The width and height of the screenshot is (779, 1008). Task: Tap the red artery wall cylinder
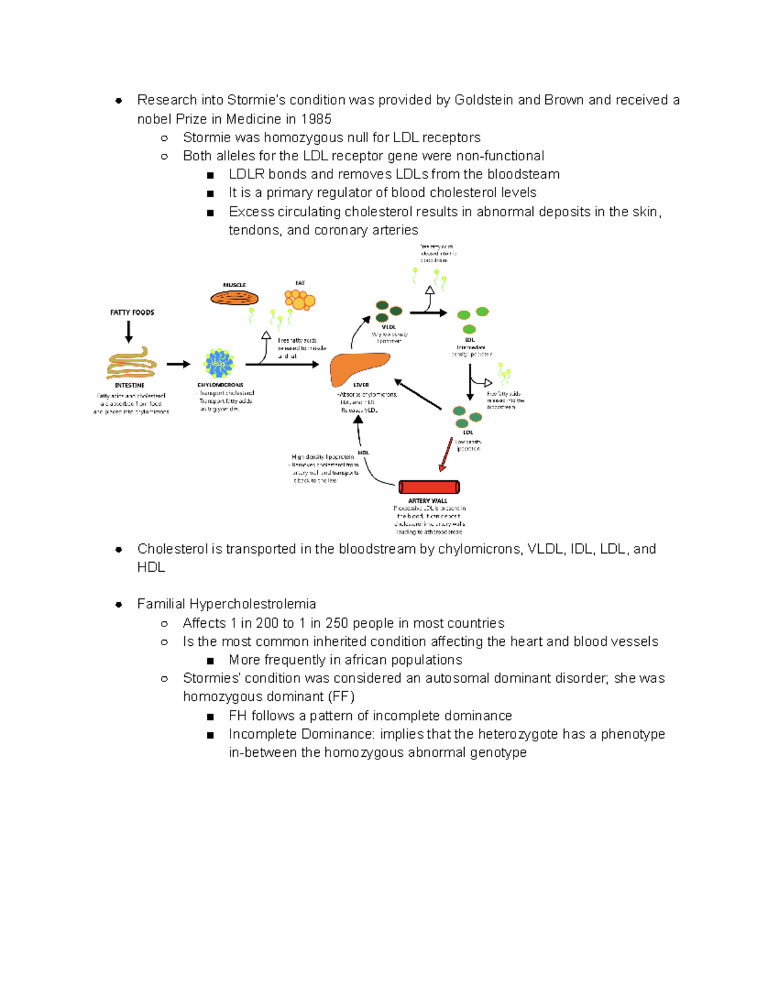point(429,487)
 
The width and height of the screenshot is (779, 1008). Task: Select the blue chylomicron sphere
point(219,363)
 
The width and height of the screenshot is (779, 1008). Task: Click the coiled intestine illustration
point(132,363)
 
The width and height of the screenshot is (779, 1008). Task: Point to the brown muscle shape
point(234,299)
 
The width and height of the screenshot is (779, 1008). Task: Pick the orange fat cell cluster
point(299,300)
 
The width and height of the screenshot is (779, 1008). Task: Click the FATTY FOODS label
point(132,312)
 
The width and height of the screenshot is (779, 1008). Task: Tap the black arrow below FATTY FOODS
point(129,331)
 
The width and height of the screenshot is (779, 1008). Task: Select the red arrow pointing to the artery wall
point(446,454)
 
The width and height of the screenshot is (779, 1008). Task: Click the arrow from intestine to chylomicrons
point(178,364)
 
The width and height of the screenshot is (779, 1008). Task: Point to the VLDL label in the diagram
point(389,327)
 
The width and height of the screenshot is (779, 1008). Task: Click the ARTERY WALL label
point(427,500)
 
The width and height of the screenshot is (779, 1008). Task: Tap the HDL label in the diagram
point(364,452)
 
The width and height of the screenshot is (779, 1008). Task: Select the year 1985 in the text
point(316,119)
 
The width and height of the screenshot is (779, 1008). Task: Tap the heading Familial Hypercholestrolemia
point(227,604)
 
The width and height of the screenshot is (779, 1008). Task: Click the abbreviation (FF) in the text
point(341,696)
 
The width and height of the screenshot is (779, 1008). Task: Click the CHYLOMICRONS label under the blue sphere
point(220,385)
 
